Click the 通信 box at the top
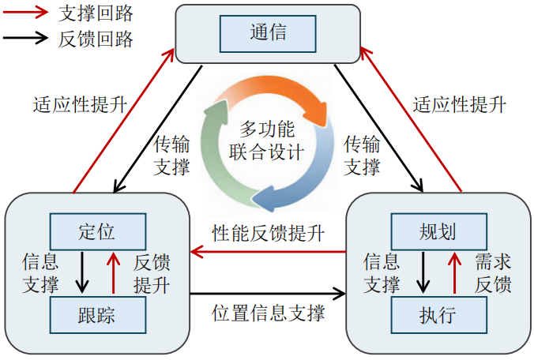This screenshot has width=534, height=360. coord(267,33)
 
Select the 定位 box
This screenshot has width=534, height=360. coord(97,231)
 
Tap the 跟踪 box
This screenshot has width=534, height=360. coord(97,315)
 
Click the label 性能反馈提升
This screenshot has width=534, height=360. coord(269,233)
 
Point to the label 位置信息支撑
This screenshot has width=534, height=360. coord(269,313)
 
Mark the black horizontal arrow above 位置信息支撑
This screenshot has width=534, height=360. coord(269,294)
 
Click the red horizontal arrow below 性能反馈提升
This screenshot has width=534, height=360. coord(269,252)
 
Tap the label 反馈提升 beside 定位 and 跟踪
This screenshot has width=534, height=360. coord(152,272)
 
